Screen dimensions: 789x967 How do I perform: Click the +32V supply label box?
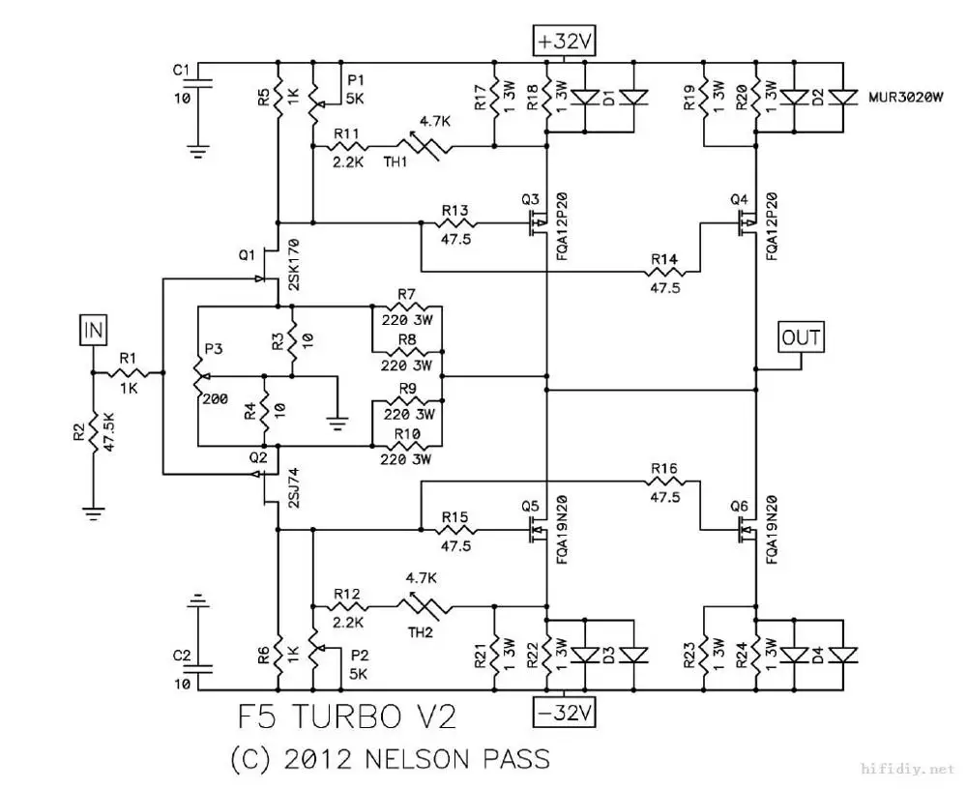click(567, 42)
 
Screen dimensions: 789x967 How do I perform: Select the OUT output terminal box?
click(801, 337)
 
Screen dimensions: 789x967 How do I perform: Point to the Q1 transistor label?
click(246, 254)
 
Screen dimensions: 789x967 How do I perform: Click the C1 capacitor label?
click(181, 70)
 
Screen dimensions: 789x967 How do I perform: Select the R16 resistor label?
click(664, 469)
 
